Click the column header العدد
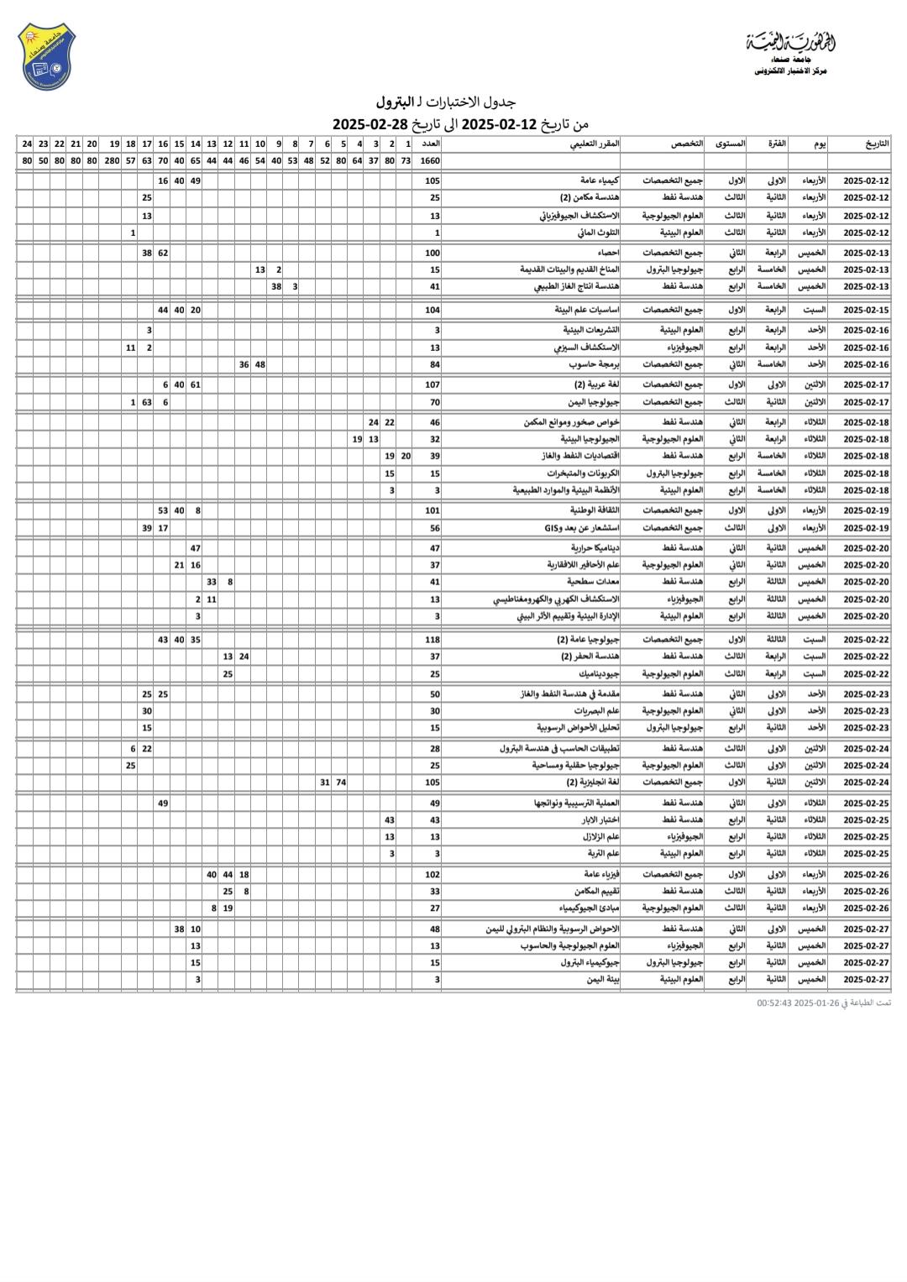429,144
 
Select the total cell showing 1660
429,160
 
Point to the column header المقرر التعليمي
595,144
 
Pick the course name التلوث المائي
601,232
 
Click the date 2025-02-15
866,310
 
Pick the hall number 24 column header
27,144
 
